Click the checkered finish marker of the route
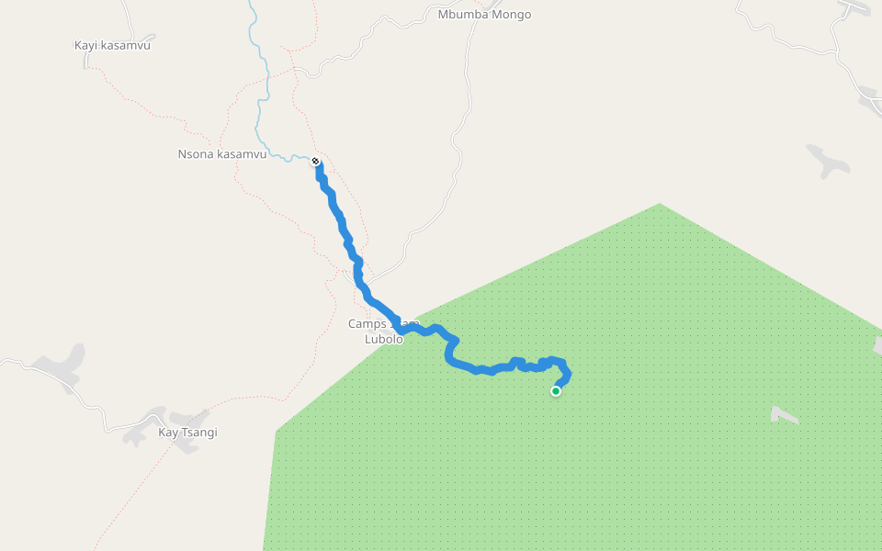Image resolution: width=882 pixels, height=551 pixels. point(316,162)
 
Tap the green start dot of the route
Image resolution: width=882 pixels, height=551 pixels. point(556,391)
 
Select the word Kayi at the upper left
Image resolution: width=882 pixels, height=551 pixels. point(85,44)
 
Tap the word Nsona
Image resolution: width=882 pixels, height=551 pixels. point(195,154)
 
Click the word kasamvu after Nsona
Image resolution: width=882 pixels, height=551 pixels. point(241,154)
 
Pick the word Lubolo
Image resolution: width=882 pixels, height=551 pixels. point(383,339)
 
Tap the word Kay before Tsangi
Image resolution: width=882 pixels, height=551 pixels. point(167,433)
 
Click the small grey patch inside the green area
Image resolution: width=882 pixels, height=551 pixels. point(784,415)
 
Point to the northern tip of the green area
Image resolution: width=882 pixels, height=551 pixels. point(660,204)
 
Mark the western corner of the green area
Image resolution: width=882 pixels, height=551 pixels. point(277,430)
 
